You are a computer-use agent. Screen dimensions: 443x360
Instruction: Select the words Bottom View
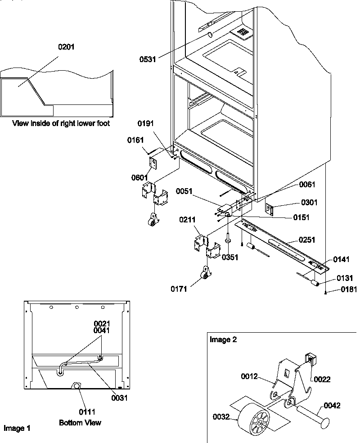[80, 423]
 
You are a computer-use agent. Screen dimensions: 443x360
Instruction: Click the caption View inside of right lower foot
[61, 123]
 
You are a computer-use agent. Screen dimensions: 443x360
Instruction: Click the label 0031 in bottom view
[120, 398]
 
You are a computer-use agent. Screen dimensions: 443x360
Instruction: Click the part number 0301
[310, 203]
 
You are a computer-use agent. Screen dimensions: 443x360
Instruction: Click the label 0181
[349, 290]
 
